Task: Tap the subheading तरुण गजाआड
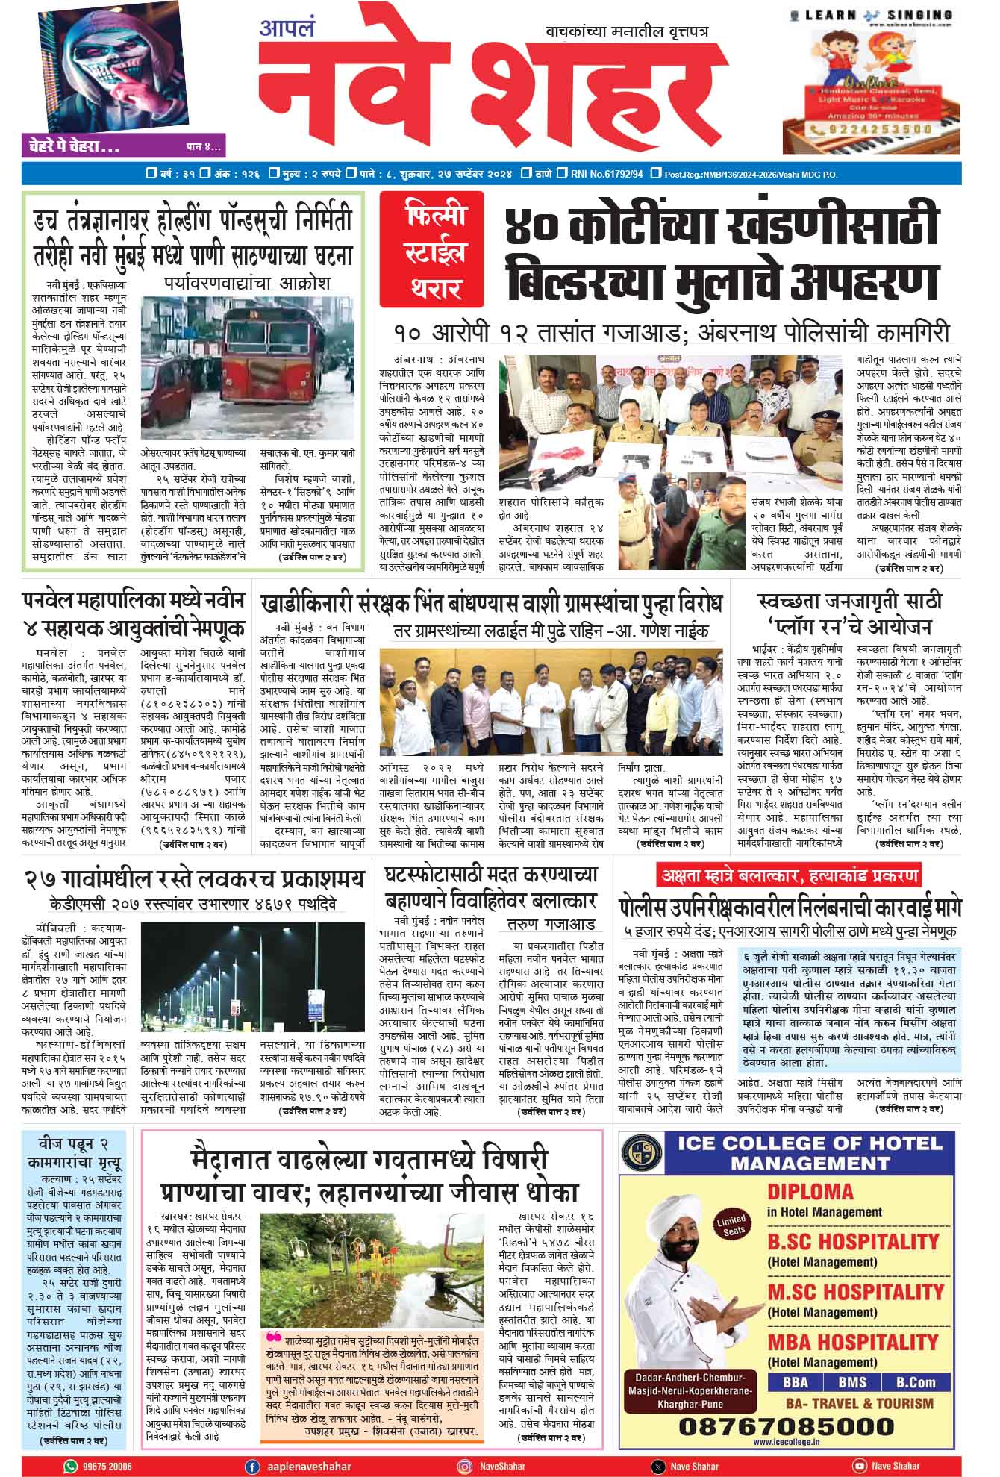tap(550, 924)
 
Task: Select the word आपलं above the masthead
tap(287, 29)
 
